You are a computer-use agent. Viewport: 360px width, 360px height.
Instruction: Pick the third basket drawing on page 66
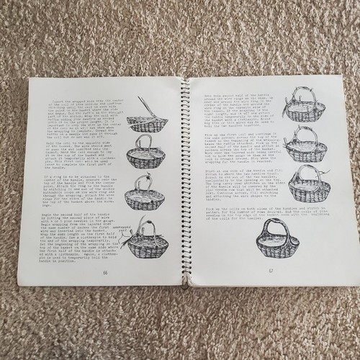pyautogui.click(x=147, y=190)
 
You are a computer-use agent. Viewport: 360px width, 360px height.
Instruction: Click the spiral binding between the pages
pyautogui.click(x=185, y=180)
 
